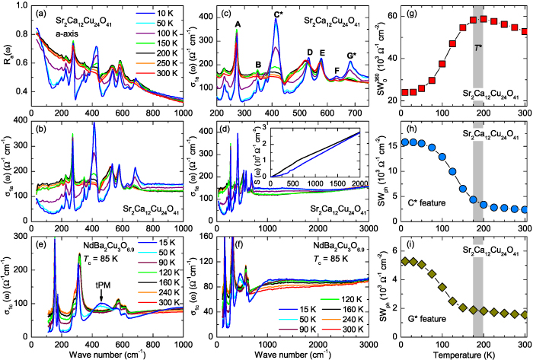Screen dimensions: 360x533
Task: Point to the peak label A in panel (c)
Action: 238,24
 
